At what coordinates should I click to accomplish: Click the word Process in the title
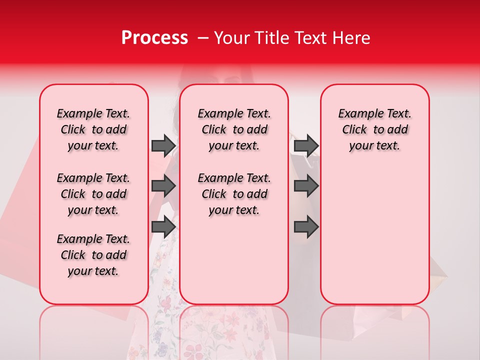(x=154, y=38)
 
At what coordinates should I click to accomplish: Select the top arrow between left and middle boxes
(x=163, y=145)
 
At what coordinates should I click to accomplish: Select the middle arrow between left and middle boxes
(x=163, y=186)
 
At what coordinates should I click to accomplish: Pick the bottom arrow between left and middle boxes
(x=163, y=226)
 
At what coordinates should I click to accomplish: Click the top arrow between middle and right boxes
(x=306, y=145)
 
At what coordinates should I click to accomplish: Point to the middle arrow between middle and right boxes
(x=306, y=186)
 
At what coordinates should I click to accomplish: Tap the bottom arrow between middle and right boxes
(x=306, y=226)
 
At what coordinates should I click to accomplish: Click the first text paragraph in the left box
(x=93, y=129)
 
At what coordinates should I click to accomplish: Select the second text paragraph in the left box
(x=93, y=194)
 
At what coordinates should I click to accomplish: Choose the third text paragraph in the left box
(x=93, y=255)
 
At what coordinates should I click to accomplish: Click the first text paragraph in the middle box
(x=234, y=129)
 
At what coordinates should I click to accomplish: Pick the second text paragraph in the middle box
(x=234, y=194)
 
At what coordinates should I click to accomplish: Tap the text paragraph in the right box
(x=375, y=129)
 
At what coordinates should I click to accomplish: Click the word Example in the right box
(x=358, y=113)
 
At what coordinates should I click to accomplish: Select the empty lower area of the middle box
(x=234, y=260)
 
